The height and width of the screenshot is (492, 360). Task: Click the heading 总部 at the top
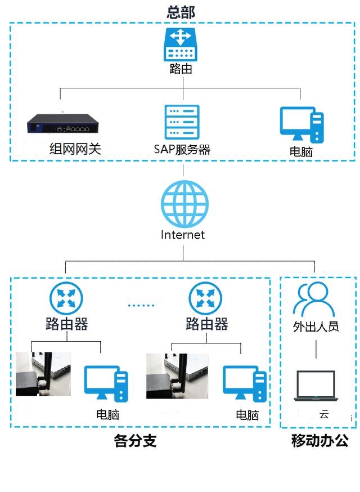click(x=181, y=12)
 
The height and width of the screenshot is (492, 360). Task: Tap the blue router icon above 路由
click(x=181, y=44)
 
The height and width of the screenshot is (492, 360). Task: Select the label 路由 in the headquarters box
click(x=181, y=69)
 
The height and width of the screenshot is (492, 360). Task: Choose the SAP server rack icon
click(x=181, y=122)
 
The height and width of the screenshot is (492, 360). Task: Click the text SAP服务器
click(x=182, y=149)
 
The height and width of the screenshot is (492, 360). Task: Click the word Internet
click(x=183, y=235)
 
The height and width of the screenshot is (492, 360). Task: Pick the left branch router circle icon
click(x=66, y=298)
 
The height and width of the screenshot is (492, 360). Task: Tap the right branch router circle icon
click(x=205, y=298)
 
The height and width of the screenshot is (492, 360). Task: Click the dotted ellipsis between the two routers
click(x=140, y=306)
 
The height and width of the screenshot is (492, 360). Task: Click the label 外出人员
click(x=316, y=326)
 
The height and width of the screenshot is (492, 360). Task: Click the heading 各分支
click(x=134, y=441)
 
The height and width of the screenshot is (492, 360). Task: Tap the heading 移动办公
click(x=319, y=441)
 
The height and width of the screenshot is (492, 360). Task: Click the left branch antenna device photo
click(x=43, y=374)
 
